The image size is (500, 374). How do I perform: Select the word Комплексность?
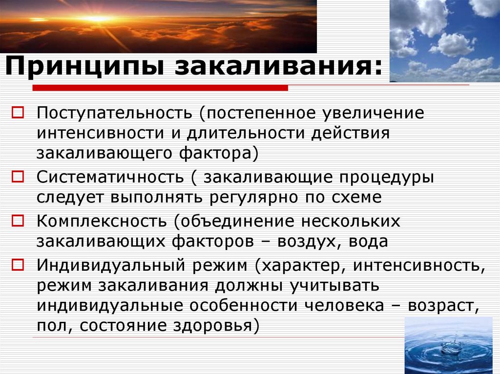[101, 220]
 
